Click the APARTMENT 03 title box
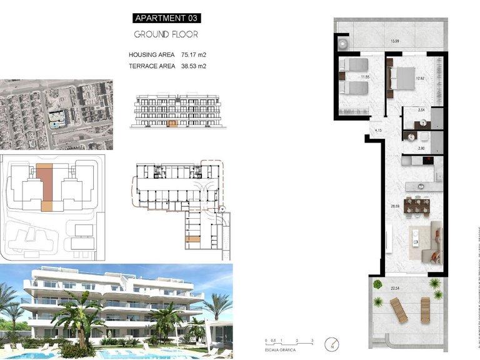(166, 18)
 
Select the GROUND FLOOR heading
(167, 34)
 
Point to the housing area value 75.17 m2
(193, 54)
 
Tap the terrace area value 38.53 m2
(193, 66)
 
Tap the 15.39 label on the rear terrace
(394, 41)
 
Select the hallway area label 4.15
(378, 130)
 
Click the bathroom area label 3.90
(421, 148)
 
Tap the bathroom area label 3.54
(421, 110)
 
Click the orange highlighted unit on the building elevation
(173, 124)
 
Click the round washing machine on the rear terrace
(343, 44)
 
